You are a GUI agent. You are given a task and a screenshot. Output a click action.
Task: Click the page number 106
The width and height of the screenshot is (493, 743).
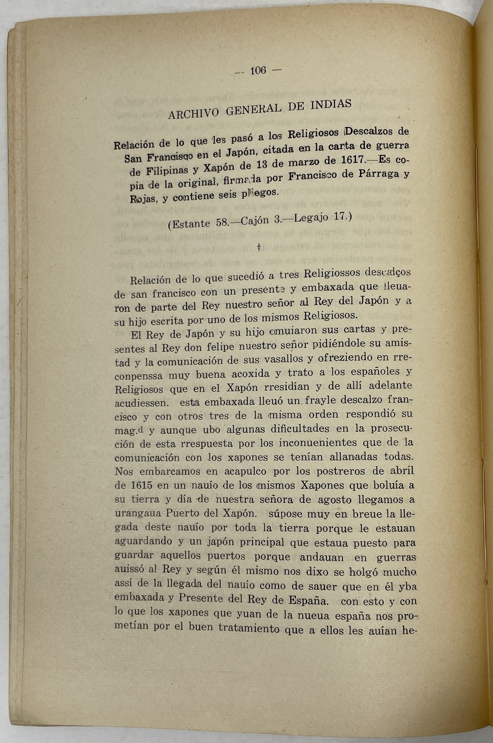[258, 70]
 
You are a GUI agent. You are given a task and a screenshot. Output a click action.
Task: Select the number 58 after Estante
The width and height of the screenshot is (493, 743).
[222, 222]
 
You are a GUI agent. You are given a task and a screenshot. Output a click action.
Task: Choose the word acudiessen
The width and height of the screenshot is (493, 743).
[141, 403]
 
